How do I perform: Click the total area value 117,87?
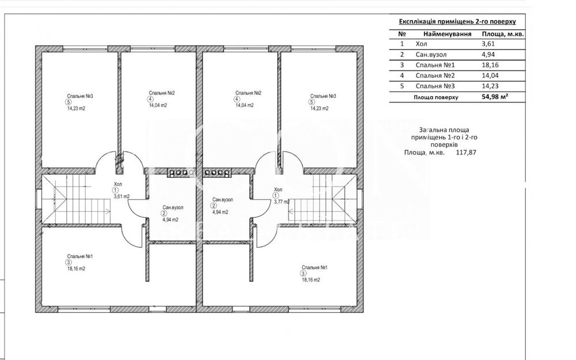pyautogui.click(x=467, y=153)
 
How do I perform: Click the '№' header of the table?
pyautogui.click(x=401, y=33)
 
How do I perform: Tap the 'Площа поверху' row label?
pyautogui.click(x=435, y=97)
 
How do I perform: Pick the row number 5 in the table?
pyautogui.click(x=401, y=86)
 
